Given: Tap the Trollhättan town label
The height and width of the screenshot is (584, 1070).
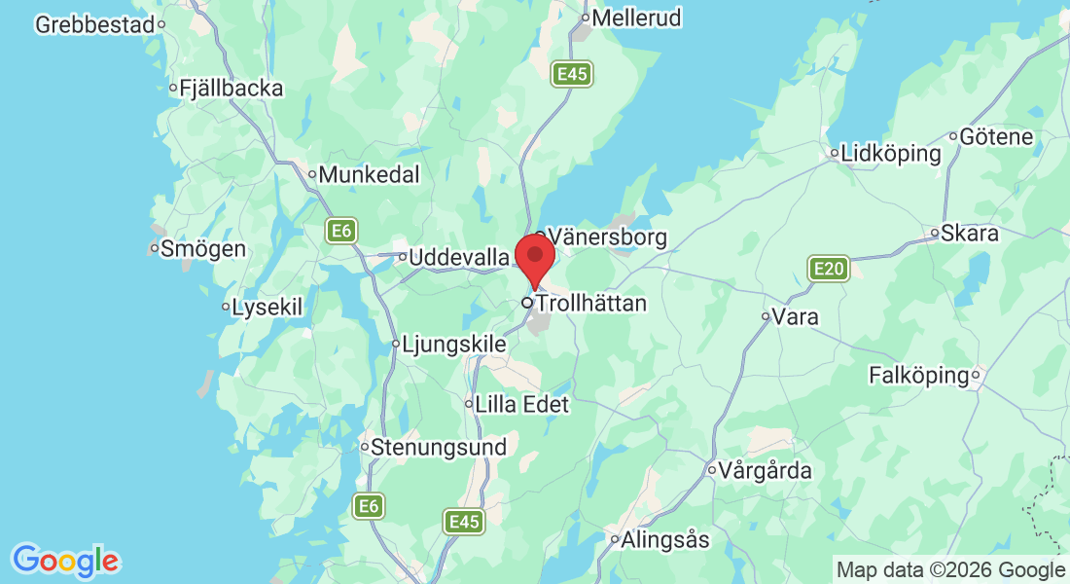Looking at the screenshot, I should click(x=591, y=304).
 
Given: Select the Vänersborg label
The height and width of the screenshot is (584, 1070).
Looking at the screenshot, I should click(x=608, y=237).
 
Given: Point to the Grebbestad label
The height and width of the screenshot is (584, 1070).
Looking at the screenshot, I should click(x=95, y=24).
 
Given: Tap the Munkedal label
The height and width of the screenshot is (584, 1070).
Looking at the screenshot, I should click(x=370, y=175).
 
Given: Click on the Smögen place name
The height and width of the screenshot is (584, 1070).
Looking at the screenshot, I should click(x=203, y=248).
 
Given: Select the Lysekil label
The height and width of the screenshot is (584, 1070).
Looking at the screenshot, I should click(x=267, y=308).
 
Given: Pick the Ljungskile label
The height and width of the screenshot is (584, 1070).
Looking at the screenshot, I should click(x=454, y=344).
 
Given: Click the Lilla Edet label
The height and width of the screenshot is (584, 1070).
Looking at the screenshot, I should click(x=521, y=404).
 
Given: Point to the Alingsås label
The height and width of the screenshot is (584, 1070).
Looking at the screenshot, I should click(x=665, y=539).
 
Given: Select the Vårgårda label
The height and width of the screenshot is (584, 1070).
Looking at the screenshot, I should click(x=766, y=471).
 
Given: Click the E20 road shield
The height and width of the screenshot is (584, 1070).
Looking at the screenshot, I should click(x=829, y=268).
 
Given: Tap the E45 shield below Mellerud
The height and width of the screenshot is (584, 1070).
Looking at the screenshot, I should click(x=571, y=74).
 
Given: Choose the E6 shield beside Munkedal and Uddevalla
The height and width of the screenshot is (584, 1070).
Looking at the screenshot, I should click(x=339, y=231).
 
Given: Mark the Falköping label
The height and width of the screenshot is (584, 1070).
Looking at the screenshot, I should click(x=919, y=375).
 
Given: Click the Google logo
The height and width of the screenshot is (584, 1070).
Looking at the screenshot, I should click(x=65, y=561).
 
